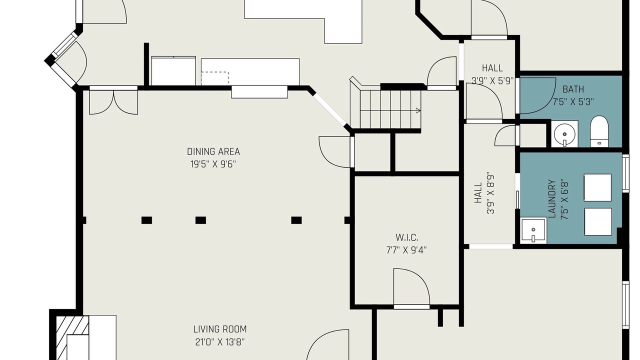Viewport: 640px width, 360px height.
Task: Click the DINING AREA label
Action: point(213,151)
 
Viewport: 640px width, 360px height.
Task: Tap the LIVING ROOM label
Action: point(220,329)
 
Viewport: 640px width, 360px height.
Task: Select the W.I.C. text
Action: point(407,237)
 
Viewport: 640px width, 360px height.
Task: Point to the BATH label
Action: point(573,89)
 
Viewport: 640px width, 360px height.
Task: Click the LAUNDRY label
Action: point(551,199)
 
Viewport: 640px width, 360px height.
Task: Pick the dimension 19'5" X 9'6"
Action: point(213,164)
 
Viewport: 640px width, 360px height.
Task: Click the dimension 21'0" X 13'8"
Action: point(220,342)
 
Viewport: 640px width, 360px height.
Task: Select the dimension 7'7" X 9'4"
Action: point(406,250)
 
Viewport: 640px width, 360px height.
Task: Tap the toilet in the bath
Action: point(599,131)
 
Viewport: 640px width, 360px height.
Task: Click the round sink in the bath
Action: point(564,133)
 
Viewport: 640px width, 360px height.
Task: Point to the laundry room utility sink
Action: point(533,231)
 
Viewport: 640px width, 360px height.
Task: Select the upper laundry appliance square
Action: point(597,187)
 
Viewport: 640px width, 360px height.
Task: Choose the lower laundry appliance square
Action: point(598,221)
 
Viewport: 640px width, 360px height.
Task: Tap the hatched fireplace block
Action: point(72,337)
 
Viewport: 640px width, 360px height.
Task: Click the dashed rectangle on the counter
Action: point(215,78)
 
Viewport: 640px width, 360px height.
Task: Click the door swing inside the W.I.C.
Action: point(411,286)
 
